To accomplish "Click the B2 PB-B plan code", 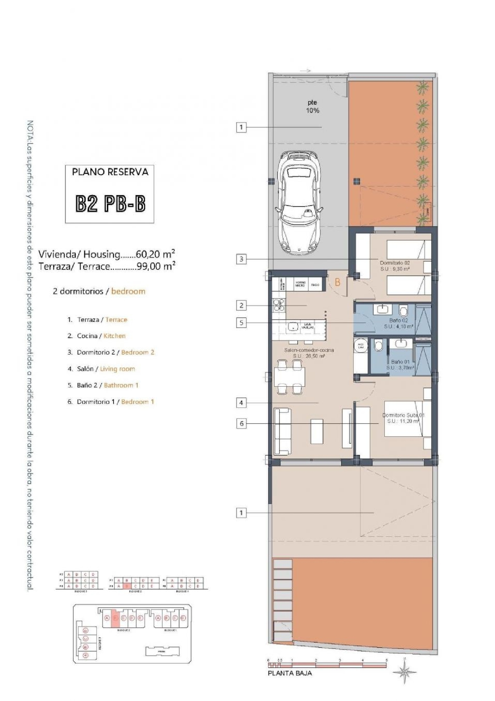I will pyautogui.click(x=110, y=204).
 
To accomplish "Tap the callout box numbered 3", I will pyautogui.click(x=241, y=259).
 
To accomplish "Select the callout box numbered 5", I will pyautogui.click(x=241, y=323).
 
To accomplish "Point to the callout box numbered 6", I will pyautogui.click(x=241, y=424).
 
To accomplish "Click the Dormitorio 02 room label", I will pyautogui.click(x=395, y=266).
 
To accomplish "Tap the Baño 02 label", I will pyautogui.click(x=399, y=323).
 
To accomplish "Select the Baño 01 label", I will pyautogui.click(x=400, y=365).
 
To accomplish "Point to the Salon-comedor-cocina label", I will pyautogui.click(x=309, y=353).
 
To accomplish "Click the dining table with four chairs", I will pyautogui.click(x=289, y=377).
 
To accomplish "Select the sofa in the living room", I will pyautogui.click(x=283, y=431).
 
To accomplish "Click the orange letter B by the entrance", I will pyautogui.click(x=337, y=282).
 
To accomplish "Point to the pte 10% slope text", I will pyautogui.click(x=312, y=107).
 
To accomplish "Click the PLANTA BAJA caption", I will pyautogui.click(x=290, y=673).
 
